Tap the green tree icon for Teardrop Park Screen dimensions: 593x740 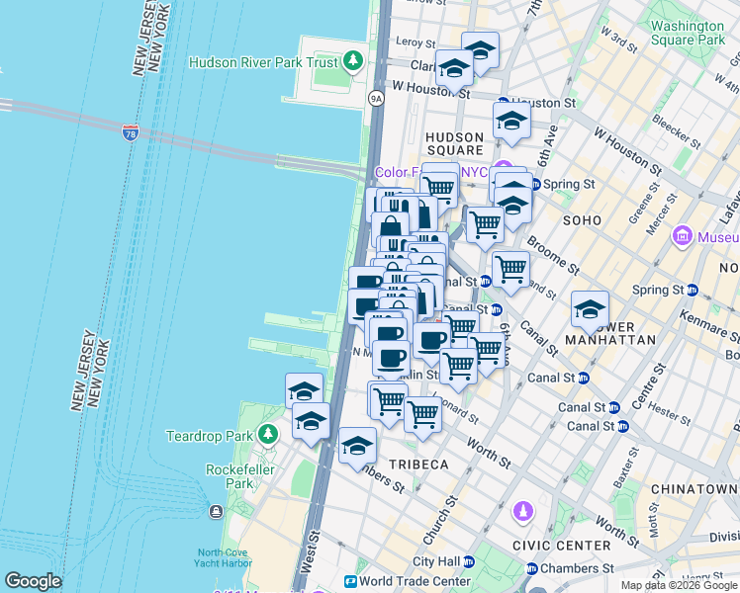(x=267, y=435)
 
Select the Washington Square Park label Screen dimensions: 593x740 (x=689, y=33)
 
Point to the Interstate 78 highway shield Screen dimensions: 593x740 (x=131, y=132)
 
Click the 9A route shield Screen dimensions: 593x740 (x=376, y=98)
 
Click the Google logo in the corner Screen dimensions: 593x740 (x=33, y=581)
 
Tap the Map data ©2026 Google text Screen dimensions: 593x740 (x=679, y=585)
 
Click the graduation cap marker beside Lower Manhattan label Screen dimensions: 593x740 (x=590, y=309)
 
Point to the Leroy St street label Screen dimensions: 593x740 (x=415, y=42)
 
